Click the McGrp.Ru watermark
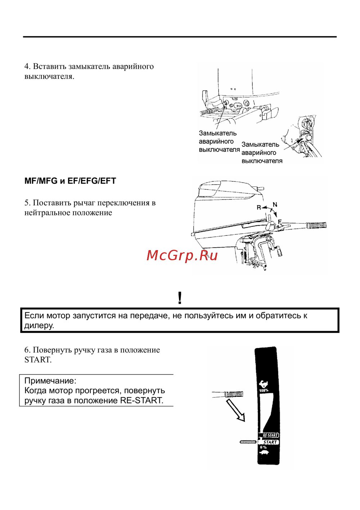tap(182, 256)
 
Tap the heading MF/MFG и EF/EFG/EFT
tap(70, 181)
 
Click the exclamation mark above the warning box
tap(180, 298)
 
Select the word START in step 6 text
tap(37, 360)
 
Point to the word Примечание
tap(50, 381)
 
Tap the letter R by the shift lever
tap(258, 208)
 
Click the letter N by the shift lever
tap(275, 205)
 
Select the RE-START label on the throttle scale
tap(270, 435)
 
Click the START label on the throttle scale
tap(270, 442)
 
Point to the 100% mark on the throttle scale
tap(264, 390)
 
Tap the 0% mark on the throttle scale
tap(264, 447)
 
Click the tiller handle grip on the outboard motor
tap(316, 226)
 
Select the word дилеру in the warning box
tap(39, 326)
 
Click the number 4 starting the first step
tap(27, 67)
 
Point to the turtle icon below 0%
tap(264, 452)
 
